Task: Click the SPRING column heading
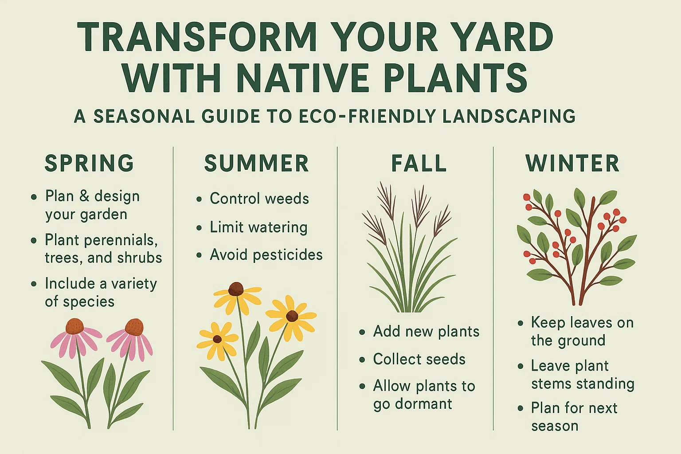pos(89,163)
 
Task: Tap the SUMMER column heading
pos(256,164)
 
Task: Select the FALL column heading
pos(419,164)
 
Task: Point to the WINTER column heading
pos(572,164)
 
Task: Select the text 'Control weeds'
pos(259,199)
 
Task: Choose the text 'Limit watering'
pos(258,227)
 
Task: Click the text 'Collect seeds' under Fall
pos(419,359)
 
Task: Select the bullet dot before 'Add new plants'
pos(362,332)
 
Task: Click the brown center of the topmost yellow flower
pos(236,289)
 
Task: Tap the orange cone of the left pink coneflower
pos(74,326)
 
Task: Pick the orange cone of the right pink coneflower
pos(134,327)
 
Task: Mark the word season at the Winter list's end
pos(555,426)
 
